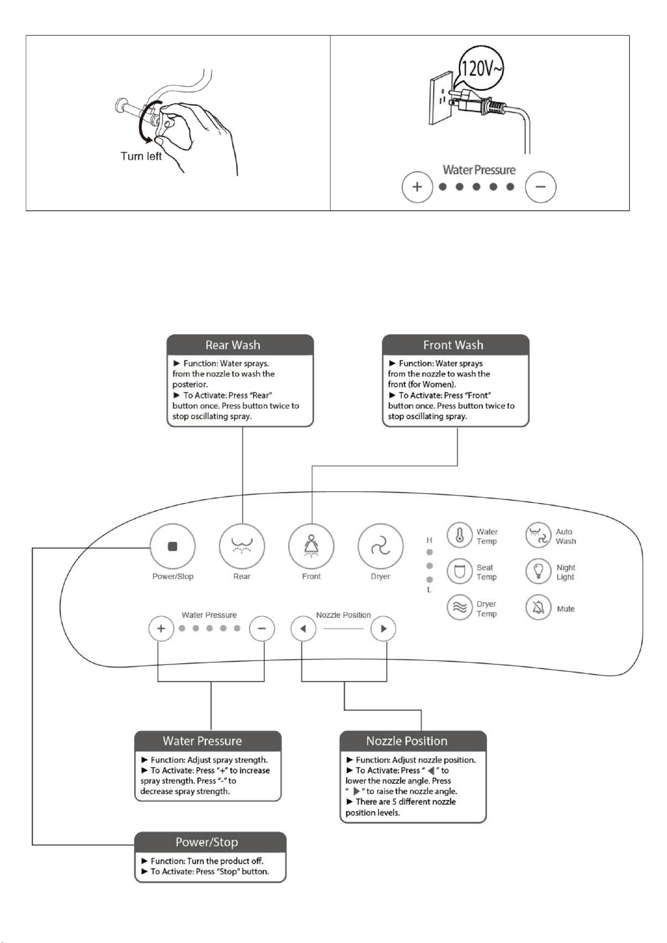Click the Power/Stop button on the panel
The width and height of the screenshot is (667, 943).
pyautogui.click(x=172, y=547)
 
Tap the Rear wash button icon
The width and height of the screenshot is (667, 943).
pyautogui.click(x=242, y=547)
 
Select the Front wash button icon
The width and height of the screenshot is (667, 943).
pyautogui.click(x=312, y=547)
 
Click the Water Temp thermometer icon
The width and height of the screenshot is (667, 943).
pyautogui.click(x=460, y=536)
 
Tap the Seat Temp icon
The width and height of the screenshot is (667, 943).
pyautogui.click(x=460, y=571)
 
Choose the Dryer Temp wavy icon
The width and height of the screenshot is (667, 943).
pyautogui.click(x=460, y=608)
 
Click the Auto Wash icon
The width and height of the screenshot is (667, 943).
pyautogui.click(x=538, y=536)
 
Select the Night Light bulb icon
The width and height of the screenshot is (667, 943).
pyautogui.click(x=538, y=571)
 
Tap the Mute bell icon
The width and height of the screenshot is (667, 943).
pyautogui.click(x=538, y=608)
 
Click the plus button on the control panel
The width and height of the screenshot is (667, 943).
pyautogui.click(x=161, y=629)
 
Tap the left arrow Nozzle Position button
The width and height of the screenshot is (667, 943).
pyautogui.click(x=304, y=629)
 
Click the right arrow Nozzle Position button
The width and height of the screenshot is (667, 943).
pyautogui.click(x=383, y=629)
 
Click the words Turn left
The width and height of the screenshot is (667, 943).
pyautogui.click(x=141, y=156)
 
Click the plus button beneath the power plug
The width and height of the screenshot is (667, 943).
pyautogui.click(x=417, y=187)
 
